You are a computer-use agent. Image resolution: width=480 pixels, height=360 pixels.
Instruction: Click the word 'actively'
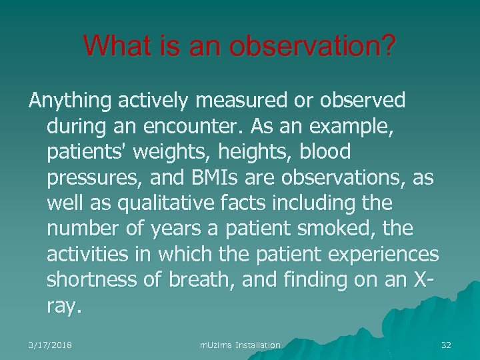pos(153,101)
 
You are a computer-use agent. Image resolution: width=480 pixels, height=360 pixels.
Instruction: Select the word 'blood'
pos(325,152)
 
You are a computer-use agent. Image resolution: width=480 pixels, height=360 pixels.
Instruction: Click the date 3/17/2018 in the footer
pos(50,345)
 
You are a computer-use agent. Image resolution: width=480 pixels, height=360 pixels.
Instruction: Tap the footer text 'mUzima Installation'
pos(240,345)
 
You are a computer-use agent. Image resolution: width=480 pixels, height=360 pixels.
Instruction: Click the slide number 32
pos(446,345)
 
